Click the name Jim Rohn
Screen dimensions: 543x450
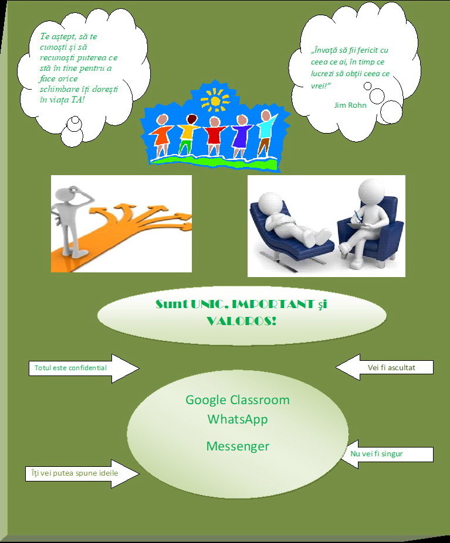(350, 105)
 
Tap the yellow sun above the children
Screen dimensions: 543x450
(215, 101)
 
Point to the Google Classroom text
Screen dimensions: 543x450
(237, 400)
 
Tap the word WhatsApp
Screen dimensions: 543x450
(237, 419)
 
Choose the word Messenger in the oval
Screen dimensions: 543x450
(238, 446)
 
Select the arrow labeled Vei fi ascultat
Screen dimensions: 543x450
(384, 367)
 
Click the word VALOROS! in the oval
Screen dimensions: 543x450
(241, 321)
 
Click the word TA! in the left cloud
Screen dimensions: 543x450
(78, 100)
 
